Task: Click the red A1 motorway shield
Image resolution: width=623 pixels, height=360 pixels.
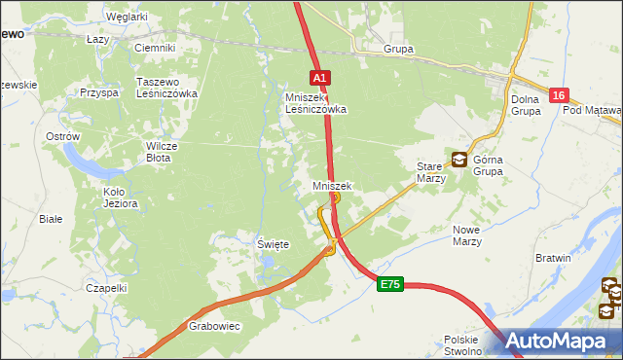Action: click(x=321, y=76)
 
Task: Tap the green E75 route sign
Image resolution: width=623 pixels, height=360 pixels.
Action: click(x=390, y=283)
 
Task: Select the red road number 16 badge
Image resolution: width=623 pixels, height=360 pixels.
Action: click(x=558, y=95)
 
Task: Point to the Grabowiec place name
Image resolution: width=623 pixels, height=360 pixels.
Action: click(x=214, y=327)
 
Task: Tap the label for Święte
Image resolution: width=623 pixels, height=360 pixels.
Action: click(x=273, y=245)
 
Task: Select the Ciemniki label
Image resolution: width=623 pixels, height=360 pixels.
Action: click(x=155, y=48)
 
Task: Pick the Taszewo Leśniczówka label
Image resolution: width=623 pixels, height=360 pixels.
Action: click(x=167, y=88)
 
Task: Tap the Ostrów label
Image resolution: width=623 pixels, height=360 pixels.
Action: click(x=62, y=136)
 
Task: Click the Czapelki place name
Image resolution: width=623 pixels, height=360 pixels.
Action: click(x=106, y=288)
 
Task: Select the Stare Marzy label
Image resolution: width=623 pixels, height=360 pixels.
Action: click(x=430, y=172)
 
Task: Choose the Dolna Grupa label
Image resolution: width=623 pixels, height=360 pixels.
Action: click(x=526, y=104)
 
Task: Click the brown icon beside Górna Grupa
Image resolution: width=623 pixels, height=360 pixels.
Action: click(x=458, y=160)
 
